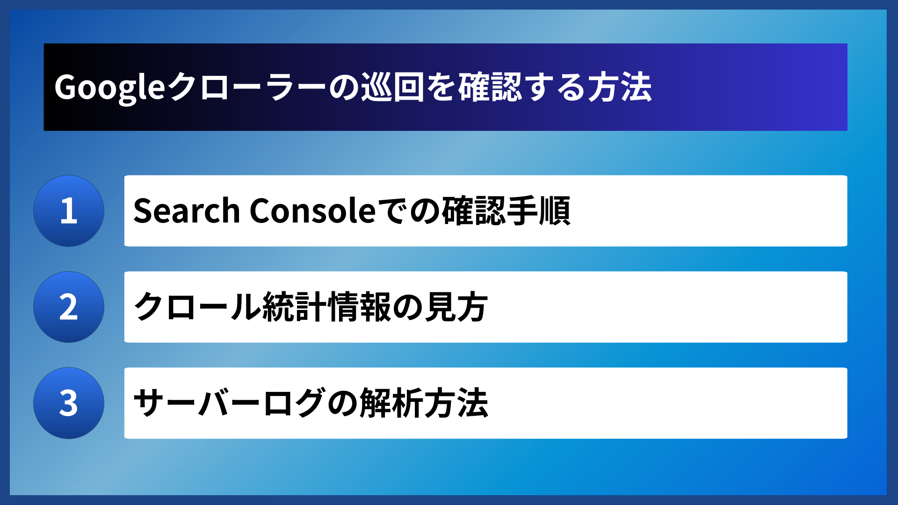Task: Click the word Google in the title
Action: click(109, 87)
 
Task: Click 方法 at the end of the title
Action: click(619, 87)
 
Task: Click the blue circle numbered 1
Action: click(69, 211)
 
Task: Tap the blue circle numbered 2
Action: click(69, 307)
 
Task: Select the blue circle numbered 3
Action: click(69, 403)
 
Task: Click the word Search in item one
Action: click(186, 211)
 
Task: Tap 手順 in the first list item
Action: click(538, 211)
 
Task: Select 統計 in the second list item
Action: click(295, 307)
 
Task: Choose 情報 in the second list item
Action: click(360, 307)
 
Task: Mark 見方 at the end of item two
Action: click(456, 307)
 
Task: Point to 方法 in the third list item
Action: click(456, 403)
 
